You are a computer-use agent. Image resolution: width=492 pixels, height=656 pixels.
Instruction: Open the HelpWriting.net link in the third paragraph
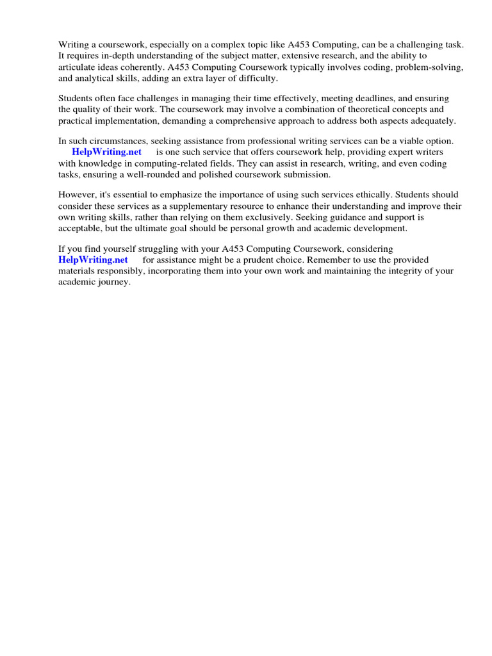106,152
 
